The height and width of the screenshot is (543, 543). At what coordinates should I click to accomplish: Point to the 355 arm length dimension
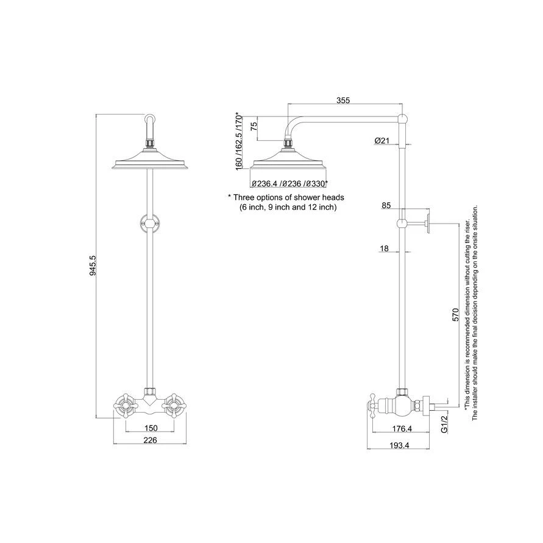[343, 101]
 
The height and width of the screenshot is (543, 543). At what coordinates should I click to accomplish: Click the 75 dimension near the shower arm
[254, 127]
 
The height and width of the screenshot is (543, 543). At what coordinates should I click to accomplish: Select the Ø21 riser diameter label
[382, 141]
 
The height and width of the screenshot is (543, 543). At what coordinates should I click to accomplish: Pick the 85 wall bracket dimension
[386, 206]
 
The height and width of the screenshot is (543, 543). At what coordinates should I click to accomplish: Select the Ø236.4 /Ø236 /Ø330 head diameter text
[289, 183]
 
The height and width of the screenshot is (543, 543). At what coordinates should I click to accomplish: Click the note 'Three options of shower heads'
[286, 197]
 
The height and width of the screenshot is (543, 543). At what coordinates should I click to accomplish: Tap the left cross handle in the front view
[125, 403]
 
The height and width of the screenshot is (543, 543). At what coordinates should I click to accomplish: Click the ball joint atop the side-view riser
[402, 119]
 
